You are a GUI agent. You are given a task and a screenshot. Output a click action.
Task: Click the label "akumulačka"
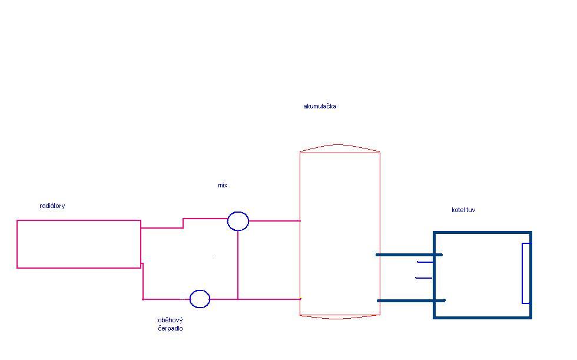point(320,107)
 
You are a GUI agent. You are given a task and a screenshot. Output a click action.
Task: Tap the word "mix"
point(223,186)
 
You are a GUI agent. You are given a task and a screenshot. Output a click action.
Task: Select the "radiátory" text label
point(52,206)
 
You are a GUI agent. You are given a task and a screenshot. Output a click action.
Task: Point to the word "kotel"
point(458,210)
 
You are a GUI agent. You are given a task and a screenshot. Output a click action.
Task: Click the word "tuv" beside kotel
point(471,210)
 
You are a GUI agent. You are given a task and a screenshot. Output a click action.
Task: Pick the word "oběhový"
point(170,320)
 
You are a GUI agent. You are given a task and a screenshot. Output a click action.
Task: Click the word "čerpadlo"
point(170,329)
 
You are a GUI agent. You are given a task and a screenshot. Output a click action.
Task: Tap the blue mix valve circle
point(238,222)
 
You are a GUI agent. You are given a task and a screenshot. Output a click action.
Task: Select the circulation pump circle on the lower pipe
point(200,299)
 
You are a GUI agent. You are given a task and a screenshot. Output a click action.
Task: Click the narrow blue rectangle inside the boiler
point(526,273)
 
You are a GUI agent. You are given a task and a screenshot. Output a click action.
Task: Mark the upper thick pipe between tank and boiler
point(409,255)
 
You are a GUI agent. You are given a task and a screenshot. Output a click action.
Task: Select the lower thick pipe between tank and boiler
point(410,300)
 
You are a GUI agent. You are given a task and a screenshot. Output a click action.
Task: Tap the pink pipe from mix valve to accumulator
point(274,222)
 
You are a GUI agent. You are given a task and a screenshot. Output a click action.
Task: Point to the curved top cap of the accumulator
point(340,147)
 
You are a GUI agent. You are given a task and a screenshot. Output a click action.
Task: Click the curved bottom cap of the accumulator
point(340,317)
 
